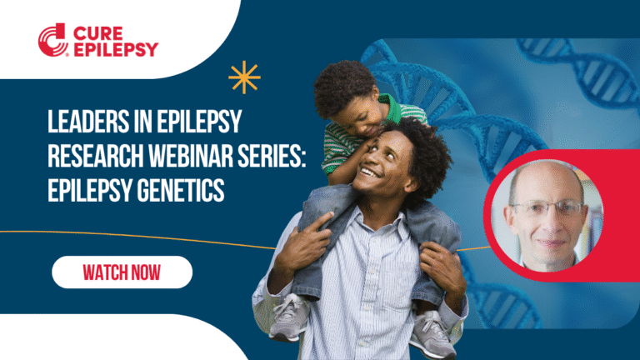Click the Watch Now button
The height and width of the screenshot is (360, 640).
tap(122, 272)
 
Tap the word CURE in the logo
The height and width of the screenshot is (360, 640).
tap(97, 31)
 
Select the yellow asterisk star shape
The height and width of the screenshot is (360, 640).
tap(244, 77)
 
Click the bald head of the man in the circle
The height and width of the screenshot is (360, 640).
tap(542, 177)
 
